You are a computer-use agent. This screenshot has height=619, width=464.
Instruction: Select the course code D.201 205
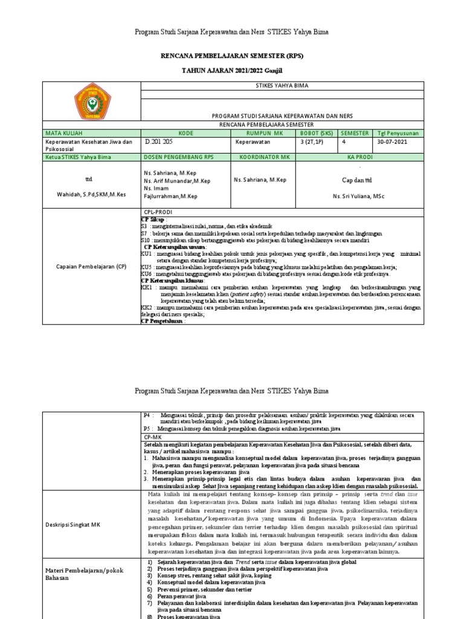click(159, 142)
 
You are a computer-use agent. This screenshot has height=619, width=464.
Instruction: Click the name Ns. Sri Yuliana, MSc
click(358, 196)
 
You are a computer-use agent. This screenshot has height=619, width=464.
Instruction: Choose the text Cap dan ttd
click(358, 180)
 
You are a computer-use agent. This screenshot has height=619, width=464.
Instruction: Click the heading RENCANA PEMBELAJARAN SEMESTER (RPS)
click(231, 56)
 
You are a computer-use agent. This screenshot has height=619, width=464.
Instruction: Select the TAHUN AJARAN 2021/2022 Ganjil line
click(231, 71)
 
